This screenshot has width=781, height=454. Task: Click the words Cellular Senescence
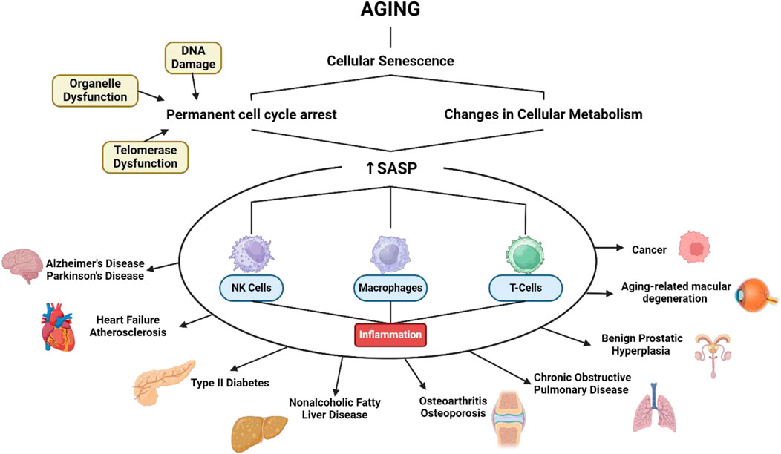click(390, 60)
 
